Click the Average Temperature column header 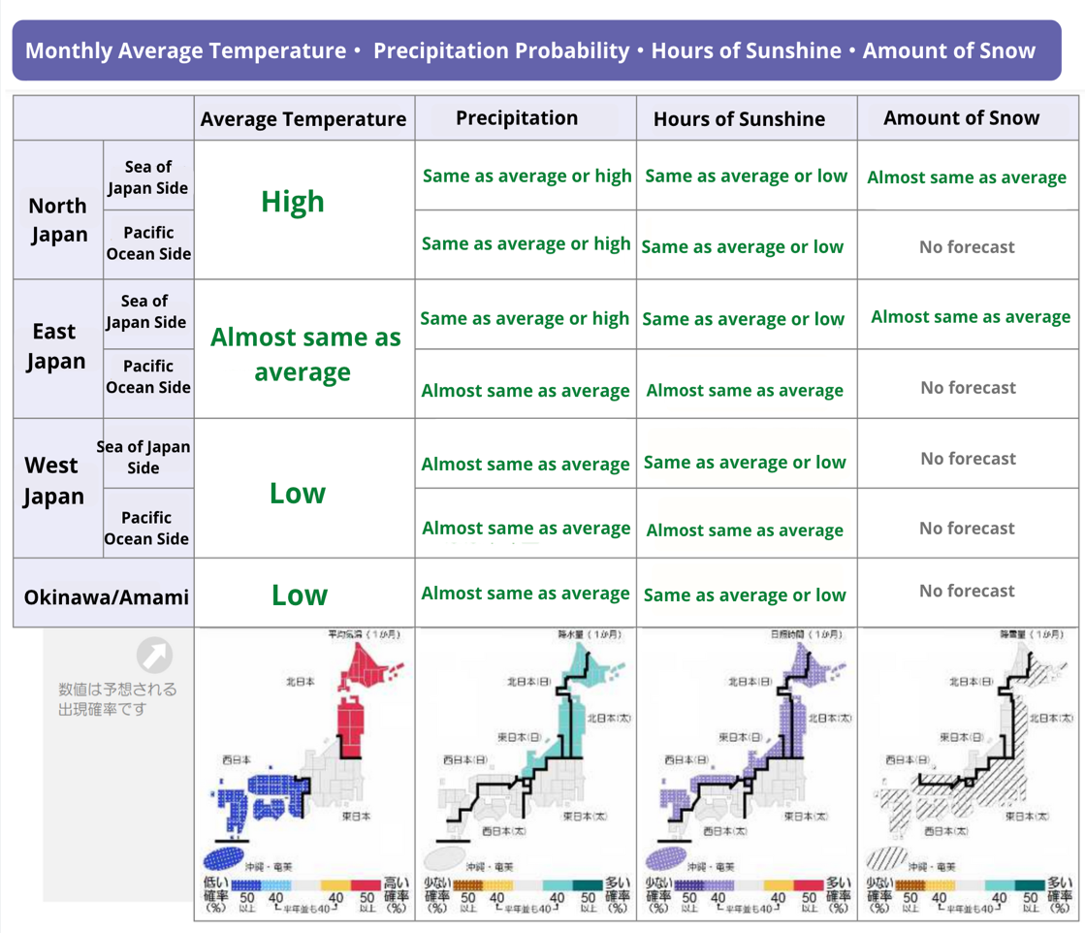(303, 119)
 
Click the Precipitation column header (517, 118)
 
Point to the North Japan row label (58, 219)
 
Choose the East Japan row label (55, 346)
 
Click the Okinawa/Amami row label (107, 595)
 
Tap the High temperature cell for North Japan (293, 203)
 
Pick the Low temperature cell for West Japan (298, 494)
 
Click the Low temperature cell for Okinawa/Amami (300, 595)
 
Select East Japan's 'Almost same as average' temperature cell (303, 355)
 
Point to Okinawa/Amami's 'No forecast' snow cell (968, 592)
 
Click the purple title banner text (529, 51)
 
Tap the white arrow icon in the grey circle (153, 656)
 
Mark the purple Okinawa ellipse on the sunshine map (665, 859)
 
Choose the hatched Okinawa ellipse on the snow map (885, 859)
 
